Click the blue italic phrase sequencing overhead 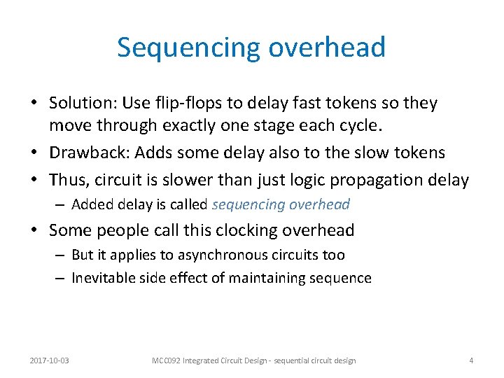click(281, 204)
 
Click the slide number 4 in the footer click(471, 360)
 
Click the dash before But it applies click(61, 255)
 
